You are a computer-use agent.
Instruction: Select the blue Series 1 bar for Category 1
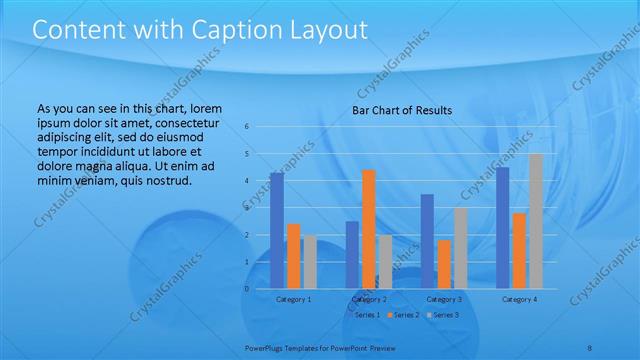coord(277,230)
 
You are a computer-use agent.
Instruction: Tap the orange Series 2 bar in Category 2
coord(369,229)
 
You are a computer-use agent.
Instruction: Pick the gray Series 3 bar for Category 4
coord(536,221)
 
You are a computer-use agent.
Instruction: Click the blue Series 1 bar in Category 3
coord(427,241)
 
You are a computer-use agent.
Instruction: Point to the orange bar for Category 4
coord(520,250)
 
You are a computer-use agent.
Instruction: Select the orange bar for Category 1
coord(293,256)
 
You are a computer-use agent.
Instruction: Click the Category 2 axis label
coord(369,299)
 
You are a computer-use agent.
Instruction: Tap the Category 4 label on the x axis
coord(520,299)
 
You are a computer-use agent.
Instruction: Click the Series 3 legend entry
coord(443,315)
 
